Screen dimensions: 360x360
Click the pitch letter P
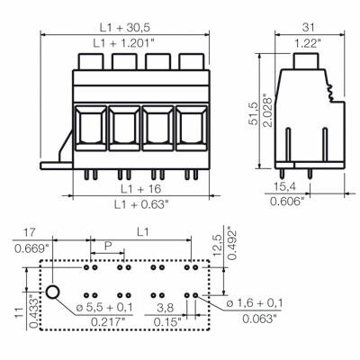pyautogui.click(x=108, y=245)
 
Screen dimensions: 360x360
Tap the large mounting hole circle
pyautogui.click(x=54, y=292)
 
